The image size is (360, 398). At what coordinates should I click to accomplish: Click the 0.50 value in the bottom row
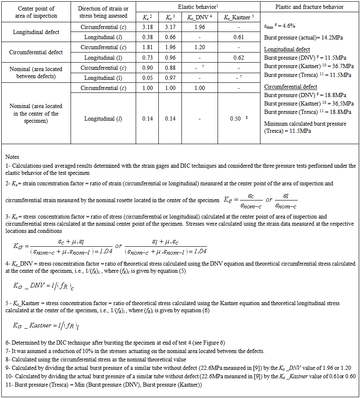(236, 119)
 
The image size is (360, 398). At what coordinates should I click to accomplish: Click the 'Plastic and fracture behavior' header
(309, 7)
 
